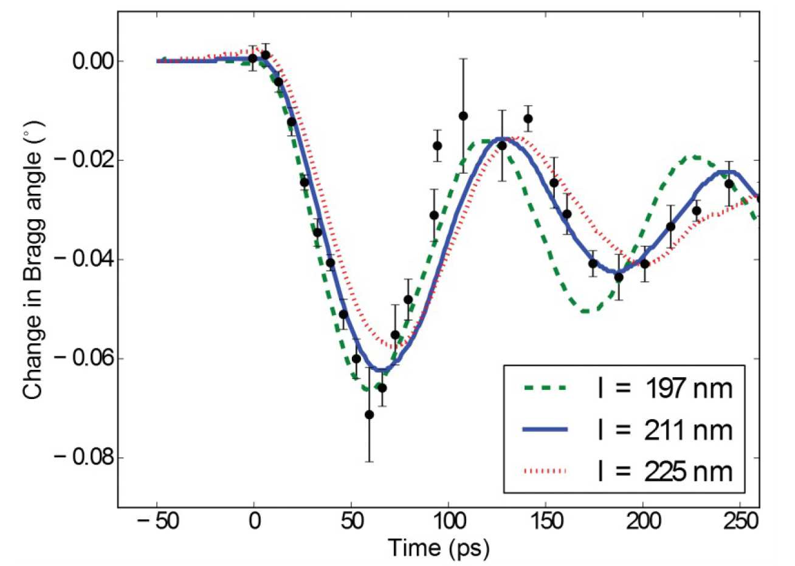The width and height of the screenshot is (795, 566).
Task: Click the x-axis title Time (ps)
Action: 438,548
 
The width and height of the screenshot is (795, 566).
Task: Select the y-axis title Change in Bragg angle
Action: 34,259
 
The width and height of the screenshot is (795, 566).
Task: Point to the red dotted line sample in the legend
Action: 545,471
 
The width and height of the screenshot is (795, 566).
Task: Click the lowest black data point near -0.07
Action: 369,414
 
